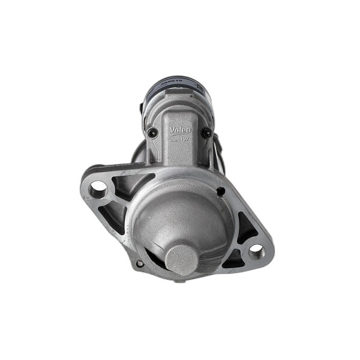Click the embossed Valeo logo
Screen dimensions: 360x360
pyautogui.click(x=180, y=130)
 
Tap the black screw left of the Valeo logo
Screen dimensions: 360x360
pyautogui.click(x=153, y=133)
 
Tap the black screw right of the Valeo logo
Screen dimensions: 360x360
pyautogui.click(x=206, y=134)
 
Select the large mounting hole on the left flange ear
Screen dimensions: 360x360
pyautogui.click(x=98, y=190)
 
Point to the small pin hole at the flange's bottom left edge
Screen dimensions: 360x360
pyautogui.click(x=139, y=263)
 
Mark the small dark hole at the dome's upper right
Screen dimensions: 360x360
pyautogui.click(x=221, y=191)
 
